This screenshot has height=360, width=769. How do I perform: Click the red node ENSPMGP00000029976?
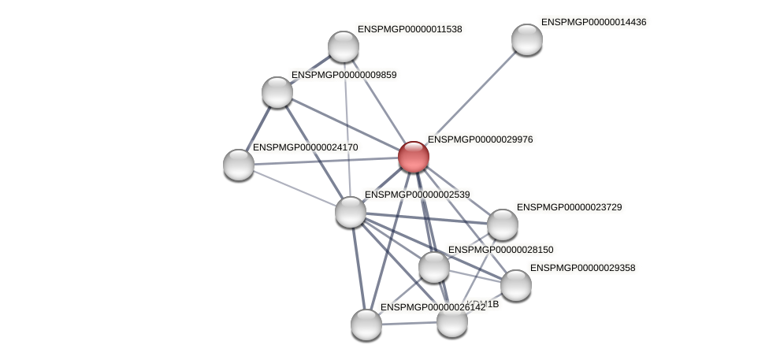(414, 157)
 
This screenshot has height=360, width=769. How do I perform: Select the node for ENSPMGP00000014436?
(527, 39)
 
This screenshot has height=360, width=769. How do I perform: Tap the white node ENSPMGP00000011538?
(344, 46)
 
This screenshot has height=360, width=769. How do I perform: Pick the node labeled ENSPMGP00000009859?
(277, 92)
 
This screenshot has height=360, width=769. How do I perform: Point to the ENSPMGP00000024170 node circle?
(239, 165)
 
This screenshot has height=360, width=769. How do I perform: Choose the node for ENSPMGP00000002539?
(351, 212)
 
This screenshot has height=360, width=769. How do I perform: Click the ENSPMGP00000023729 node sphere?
(503, 225)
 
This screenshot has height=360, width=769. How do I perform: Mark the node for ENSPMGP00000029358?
(516, 285)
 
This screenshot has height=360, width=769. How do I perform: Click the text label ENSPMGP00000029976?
(480, 139)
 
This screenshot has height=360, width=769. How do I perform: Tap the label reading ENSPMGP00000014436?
(593, 22)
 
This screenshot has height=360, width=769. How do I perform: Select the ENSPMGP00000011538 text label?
(410, 29)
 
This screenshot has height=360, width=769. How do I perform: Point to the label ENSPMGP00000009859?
(344, 75)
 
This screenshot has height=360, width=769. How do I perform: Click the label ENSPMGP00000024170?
(305, 147)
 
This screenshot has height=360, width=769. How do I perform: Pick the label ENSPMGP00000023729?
(569, 207)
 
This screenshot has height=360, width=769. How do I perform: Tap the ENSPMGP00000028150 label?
(500, 250)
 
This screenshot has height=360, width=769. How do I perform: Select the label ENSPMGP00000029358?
(582, 268)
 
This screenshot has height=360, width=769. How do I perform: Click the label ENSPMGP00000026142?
(433, 307)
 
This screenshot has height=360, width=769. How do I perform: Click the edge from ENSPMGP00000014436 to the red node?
(470, 98)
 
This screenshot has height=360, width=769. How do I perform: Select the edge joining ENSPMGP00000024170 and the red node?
(326, 161)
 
